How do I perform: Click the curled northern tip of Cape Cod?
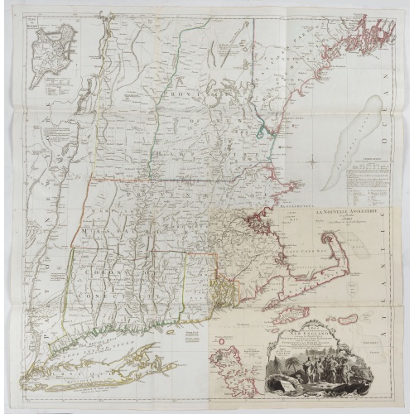coord(347,219)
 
